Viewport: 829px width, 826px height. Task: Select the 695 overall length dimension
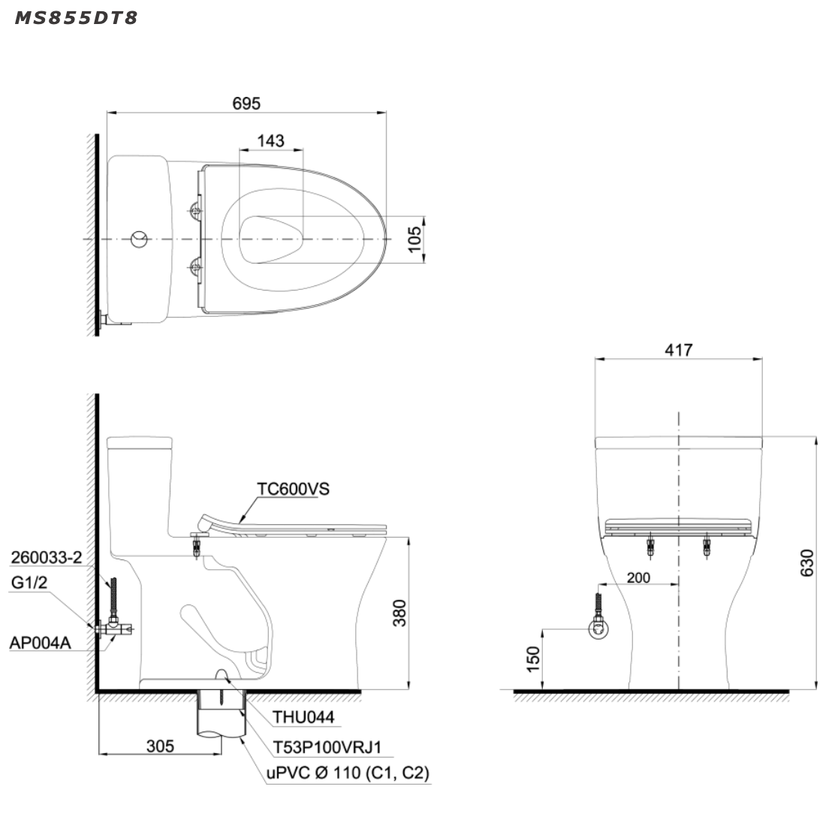[x=246, y=103]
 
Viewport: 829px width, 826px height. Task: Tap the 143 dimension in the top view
[x=270, y=140]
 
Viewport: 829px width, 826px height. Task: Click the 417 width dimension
[x=678, y=350]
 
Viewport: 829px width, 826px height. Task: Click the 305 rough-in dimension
[x=160, y=746]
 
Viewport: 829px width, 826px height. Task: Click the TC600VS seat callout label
[x=293, y=489]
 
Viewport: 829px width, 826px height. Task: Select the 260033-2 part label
[x=47, y=557]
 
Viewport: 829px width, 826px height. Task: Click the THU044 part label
[x=302, y=719]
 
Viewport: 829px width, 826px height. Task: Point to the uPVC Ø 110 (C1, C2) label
[x=348, y=773]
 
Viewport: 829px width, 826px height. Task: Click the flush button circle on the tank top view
[x=140, y=240]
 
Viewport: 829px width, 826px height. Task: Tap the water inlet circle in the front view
[x=598, y=629]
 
